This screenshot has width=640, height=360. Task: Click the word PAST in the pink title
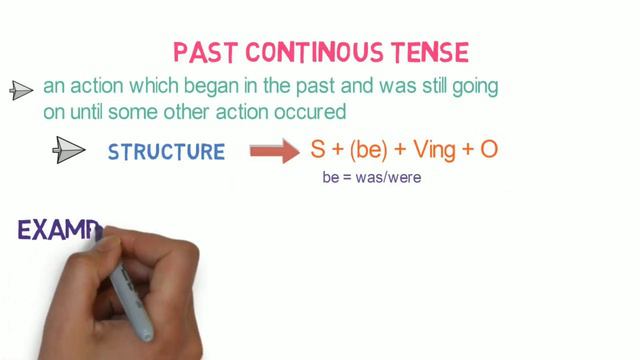click(x=204, y=50)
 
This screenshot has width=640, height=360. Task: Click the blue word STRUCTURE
click(x=166, y=152)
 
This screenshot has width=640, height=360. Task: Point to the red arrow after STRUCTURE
click(x=273, y=152)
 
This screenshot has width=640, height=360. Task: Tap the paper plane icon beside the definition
click(x=22, y=91)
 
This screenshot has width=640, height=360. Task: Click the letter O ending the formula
click(x=490, y=150)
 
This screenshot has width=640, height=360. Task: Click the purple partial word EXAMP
click(x=60, y=232)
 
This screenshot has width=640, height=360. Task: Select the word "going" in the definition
click(x=476, y=87)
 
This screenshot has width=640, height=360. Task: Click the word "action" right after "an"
click(x=89, y=87)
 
